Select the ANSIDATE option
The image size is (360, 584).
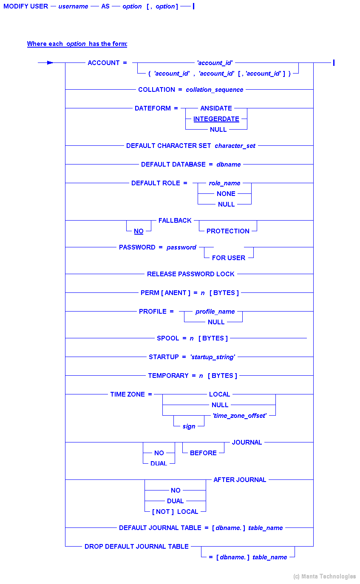[216, 108]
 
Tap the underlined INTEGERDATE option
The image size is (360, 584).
[216, 119]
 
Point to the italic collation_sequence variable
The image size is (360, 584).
[214, 90]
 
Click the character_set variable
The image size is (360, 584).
[235, 146]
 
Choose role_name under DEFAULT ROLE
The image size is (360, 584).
[224, 183]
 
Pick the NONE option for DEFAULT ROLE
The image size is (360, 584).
[226, 194]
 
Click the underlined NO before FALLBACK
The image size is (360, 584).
[139, 231]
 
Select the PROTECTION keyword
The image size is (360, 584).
[228, 231]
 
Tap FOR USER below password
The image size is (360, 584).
[228, 258]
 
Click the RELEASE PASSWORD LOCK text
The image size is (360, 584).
[190, 274]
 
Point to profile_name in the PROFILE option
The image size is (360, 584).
[215, 312]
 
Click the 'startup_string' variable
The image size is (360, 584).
[213, 357]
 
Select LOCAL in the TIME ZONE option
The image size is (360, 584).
[219, 394]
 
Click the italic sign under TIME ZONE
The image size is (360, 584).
[189, 426]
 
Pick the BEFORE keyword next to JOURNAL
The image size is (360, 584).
[203, 453]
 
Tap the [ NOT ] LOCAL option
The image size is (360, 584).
[175, 512]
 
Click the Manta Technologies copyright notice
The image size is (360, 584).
[324, 577]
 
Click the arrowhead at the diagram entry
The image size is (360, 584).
[50, 63]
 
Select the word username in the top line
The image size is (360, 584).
[74, 7]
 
